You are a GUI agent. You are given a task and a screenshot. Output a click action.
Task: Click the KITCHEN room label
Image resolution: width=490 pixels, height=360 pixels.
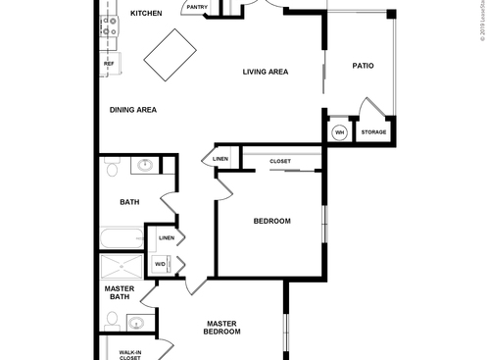point(145,14)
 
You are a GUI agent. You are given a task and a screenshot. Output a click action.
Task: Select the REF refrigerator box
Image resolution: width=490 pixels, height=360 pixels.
point(108,65)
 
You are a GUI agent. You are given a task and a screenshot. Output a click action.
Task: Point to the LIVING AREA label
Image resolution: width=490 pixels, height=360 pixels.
point(265,72)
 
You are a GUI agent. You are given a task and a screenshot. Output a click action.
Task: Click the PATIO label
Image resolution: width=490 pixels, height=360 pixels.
point(363,67)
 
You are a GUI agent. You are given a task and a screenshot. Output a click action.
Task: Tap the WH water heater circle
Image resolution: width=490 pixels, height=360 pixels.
point(339,132)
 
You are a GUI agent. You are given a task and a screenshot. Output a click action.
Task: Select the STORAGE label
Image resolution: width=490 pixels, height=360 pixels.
point(373,132)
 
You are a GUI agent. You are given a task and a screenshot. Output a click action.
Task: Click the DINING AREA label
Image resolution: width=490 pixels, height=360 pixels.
point(133,110)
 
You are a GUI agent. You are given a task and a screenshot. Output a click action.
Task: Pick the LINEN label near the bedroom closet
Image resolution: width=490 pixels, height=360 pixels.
point(220,159)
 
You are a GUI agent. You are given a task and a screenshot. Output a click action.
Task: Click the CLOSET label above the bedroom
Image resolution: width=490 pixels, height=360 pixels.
point(280,160)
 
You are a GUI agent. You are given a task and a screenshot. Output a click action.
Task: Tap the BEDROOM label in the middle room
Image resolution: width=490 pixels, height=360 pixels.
point(271,221)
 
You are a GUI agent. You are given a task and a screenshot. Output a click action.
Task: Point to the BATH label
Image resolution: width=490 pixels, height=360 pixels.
point(129,202)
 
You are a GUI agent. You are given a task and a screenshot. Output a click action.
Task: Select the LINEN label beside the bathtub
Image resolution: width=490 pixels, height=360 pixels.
point(167,237)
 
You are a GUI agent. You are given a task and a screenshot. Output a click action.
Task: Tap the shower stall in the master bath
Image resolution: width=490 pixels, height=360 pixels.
point(122,267)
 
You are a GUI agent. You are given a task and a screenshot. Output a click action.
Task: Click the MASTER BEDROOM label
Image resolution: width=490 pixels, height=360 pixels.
point(222,328)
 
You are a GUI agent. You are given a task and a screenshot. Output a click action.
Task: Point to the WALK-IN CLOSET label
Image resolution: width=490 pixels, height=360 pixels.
point(129,355)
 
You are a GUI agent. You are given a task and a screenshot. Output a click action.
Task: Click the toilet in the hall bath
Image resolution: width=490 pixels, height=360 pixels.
point(112,171)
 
